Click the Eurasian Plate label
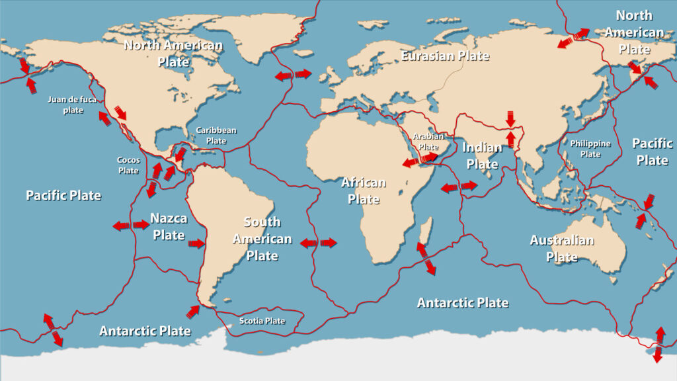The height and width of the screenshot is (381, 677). pos(445,56)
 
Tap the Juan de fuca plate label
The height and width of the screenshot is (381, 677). pos(73,105)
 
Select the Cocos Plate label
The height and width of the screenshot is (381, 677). pos(128,165)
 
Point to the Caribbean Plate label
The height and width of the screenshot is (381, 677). pos(216,136)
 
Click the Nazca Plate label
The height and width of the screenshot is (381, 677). pos(169,226)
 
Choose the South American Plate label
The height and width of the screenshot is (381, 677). pos(262,239)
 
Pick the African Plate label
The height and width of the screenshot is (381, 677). pos(363,190)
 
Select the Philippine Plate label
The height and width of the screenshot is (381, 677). pos(590,149)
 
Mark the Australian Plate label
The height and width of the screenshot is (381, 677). pos(562,248)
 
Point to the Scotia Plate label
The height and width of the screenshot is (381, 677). pos(262,321)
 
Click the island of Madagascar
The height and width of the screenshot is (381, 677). pos(426,232)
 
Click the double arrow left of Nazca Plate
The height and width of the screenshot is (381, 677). pos(131,226)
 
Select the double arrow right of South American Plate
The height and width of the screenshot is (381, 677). pos(319,243)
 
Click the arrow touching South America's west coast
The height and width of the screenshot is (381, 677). pos(197,244)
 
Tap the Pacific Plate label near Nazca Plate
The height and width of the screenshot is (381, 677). pos(63,195)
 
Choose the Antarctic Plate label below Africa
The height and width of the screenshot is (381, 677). pos(463,303)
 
